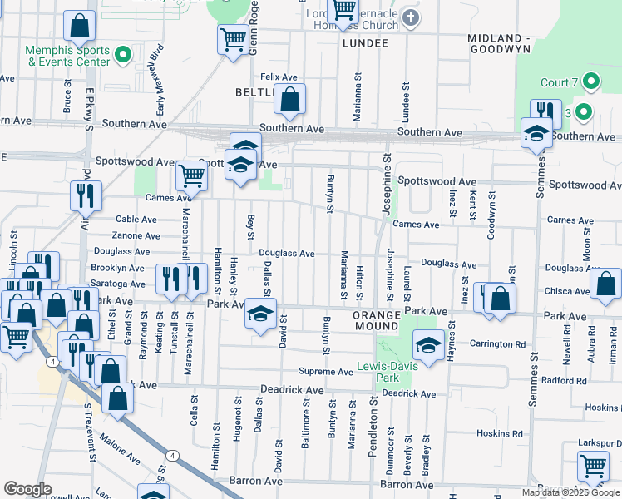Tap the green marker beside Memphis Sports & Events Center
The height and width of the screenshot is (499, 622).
(x=123, y=56)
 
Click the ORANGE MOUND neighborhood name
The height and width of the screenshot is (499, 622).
(x=383, y=316)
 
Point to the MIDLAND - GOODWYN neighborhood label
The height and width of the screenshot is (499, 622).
(x=506, y=44)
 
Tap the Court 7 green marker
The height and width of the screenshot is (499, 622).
(x=591, y=82)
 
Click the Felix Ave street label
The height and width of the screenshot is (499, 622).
(x=279, y=77)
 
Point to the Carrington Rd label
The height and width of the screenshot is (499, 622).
(x=497, y=343)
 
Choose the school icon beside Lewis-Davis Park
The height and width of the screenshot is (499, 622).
(x=427, y=345)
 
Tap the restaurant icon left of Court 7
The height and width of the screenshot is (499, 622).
(x=545, y=111)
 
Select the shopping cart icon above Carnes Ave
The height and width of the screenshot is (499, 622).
(x=191, y=175)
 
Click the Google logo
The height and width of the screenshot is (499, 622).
(x=27, y=489)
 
